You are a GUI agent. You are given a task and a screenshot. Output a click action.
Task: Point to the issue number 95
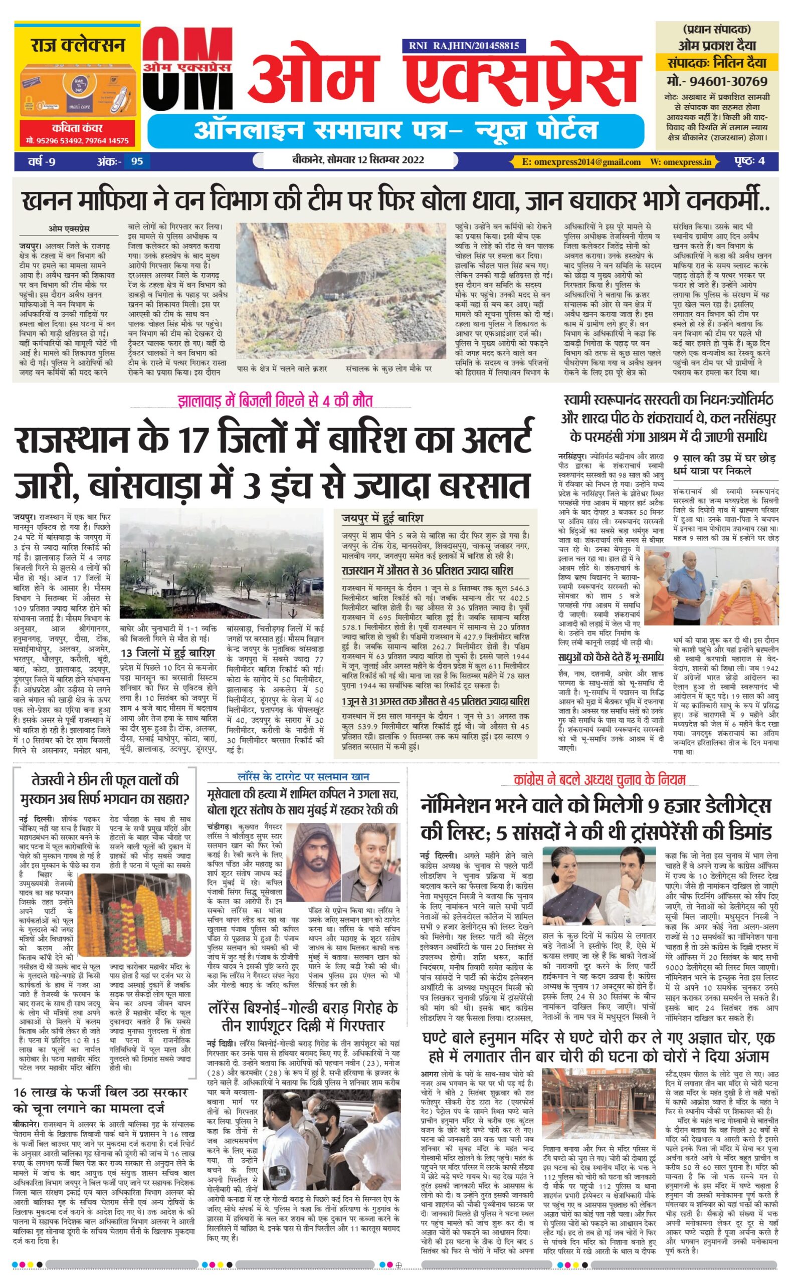pyautogui.click(x=137, y=161)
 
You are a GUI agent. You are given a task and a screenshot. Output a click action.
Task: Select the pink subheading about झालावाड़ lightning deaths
pyautogui.click(x=275, y=402)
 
